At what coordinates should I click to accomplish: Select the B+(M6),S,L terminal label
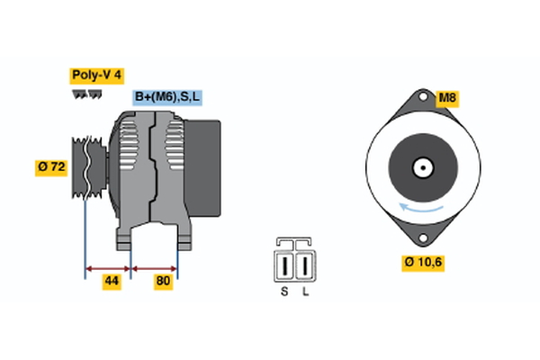click(167, 96)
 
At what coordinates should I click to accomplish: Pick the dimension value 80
click(162, 283)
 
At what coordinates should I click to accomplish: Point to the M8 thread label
click(447, 98)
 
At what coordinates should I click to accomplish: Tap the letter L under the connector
click(305, 291)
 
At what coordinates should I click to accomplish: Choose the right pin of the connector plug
click(305, 266)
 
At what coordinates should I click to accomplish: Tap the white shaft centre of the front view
click(421, 167)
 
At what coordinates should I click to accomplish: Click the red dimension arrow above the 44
click(108, 267)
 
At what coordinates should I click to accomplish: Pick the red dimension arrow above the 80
click(155, 267)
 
